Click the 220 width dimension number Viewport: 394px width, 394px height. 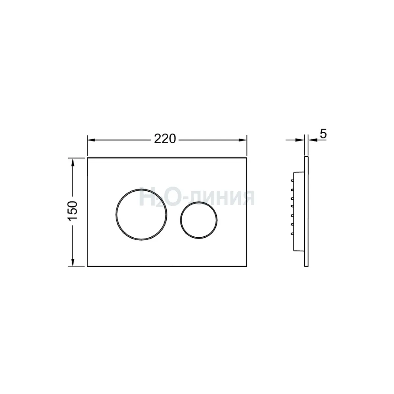click(x=165, y=139)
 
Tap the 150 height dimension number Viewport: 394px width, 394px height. click(x=73, y=210)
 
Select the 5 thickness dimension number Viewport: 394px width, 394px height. click(x=323, y=134)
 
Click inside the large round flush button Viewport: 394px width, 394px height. click(x=141, y=214)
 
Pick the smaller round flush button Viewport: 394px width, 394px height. click(x=199, y=220)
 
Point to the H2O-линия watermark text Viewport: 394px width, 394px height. click(x=197, y=198)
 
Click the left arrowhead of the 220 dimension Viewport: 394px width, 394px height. click(x=91, y=140)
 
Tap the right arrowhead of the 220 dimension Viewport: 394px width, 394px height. click(x=243, y=140)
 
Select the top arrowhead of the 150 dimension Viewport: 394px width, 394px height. click(x=73, y=162)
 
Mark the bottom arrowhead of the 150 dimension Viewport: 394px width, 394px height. click(x=73, y=263)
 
